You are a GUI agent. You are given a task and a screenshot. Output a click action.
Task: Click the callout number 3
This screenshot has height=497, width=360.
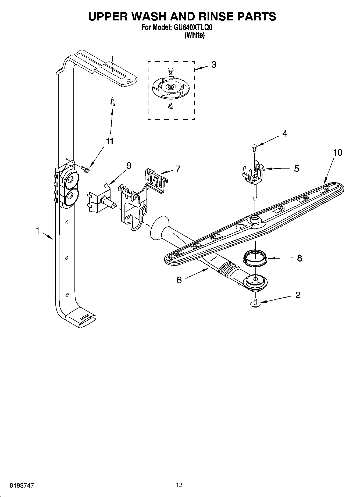pyautogui.click(x=214, y=65)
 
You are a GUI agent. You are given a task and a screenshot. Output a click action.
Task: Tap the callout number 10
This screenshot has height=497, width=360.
pyautogui.click(x=338, y=153)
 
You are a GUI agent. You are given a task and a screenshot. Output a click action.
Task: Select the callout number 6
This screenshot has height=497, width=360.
pyautogui.click(x=179, y=280)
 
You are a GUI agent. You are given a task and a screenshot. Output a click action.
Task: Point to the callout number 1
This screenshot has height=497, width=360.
pyautogui.click(x=38, y=231)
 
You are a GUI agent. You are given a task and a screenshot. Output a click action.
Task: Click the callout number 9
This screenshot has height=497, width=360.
pyautogui.click(x=129, y=166)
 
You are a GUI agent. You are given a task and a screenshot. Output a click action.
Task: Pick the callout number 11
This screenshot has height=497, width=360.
pyautogui.click(x=110, y=141)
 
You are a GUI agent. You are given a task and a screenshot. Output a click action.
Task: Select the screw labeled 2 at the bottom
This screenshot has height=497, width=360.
pyautogui.click(x=255, y=303)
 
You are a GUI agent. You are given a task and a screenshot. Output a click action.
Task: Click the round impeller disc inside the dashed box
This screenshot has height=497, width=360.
pyautogui.click(x=171, y=87)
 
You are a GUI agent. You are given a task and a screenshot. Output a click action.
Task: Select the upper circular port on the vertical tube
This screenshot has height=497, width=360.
pyautogui.click(x=71, y=180)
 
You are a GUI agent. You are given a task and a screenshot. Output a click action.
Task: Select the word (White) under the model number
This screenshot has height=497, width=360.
pyautogui.click(x=194, y=35)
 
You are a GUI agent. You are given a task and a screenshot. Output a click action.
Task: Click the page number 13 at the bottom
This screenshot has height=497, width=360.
pyautogui.click(x=179, y=485)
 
